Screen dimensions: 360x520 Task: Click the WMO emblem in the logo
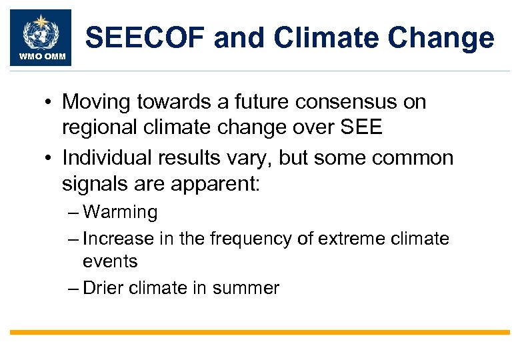(39, 31)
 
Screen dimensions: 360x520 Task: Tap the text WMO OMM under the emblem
(40, 57)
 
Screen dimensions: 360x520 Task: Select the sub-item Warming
(120, 213)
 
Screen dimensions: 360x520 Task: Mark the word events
(110, 261)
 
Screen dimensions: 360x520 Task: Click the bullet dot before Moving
(49, 103)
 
